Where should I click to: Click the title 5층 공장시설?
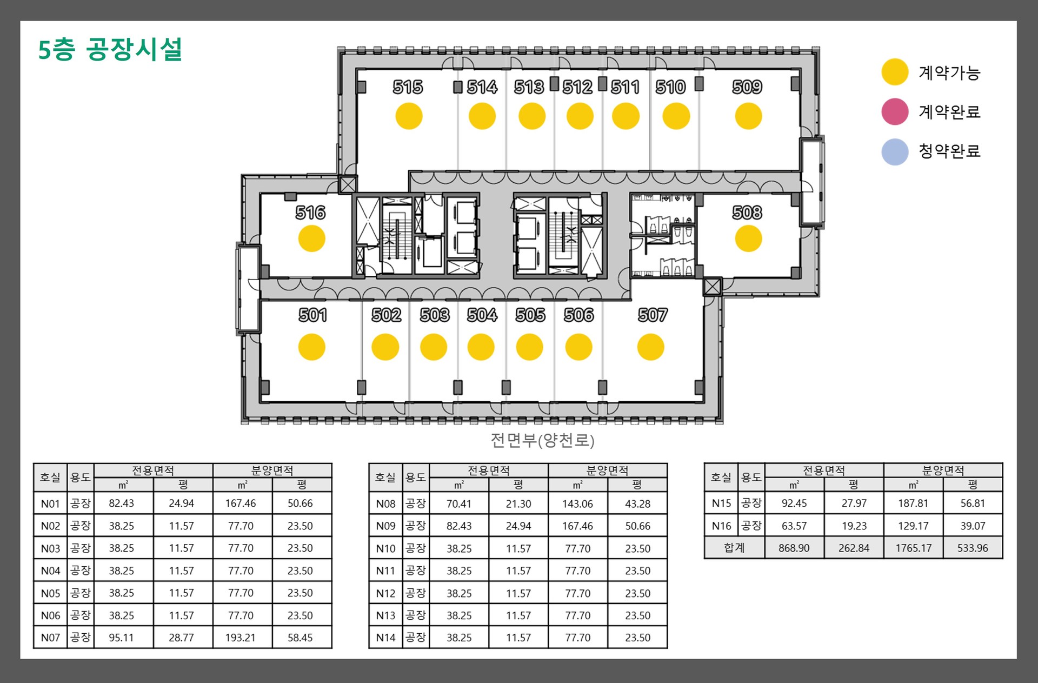click(x=110, y=49)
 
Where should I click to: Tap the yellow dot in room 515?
click(x=409, y=116)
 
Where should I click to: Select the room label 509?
click(x=747, y=87)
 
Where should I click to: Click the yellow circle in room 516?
click(x=312, y=238)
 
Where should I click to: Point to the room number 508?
click(x=747, y=213)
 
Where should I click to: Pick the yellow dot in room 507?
click(x=650, y=347)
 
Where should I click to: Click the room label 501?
click(x=312, y=315)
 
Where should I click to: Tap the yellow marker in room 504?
click(x=481, y=347)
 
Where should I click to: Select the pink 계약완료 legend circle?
click(x=895, y=111)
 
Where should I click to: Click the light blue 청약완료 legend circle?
click(x=895, y=151)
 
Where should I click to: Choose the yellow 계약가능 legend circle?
click(x=895, y=72)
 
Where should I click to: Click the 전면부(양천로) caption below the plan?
click(x=542, y=440)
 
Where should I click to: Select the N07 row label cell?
click(x=50, y=638)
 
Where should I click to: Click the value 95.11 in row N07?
click(x=121, y=638)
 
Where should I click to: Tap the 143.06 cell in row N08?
click(x=577, y=504)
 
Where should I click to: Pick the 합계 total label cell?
click(x=734, y=548)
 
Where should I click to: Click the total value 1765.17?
click(x=913, y=548)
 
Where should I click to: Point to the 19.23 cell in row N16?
click(x=854, y=526)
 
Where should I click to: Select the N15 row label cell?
click(x=721, y=503)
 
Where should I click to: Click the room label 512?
click(x=577, y=87)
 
